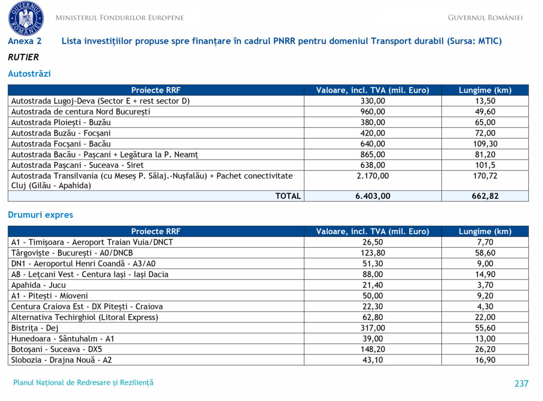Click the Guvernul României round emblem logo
[26, 18]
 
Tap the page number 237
[521, 384]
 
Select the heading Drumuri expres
[41, 215]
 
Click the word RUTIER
[23, 57]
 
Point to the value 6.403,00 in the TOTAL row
[373, 196]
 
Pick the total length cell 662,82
[485, 196]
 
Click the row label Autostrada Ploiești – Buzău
[61, 122]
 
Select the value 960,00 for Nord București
[373, 112]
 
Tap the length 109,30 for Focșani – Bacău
[485, 144]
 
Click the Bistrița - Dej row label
[35, 328]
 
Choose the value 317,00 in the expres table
[373, 328]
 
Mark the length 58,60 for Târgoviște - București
[485, 253]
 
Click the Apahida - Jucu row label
[39, 285]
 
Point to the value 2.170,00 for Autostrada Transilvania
[373, 176]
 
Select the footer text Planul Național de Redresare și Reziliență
[83, 383]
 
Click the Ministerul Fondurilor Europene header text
[119, 18]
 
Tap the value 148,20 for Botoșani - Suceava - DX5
[373, 349]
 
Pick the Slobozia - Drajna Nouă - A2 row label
[62, 360]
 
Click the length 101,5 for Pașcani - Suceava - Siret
[485, 165]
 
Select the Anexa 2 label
[25, 41]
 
